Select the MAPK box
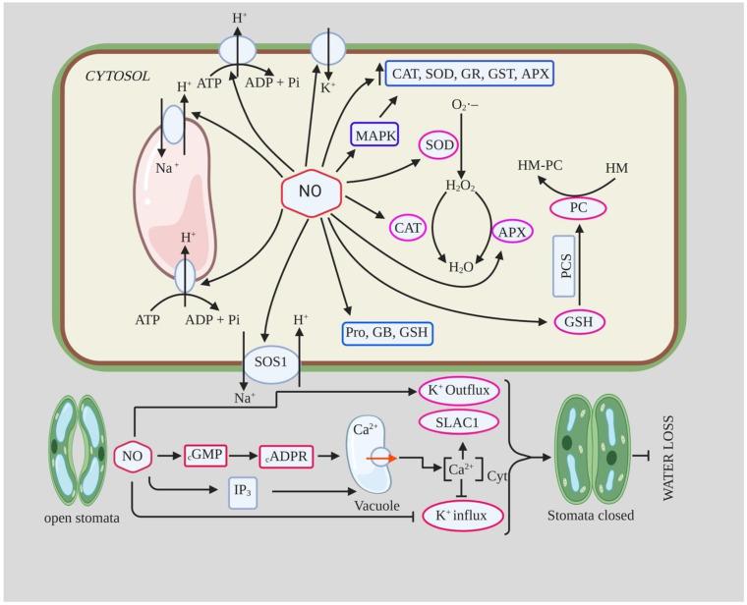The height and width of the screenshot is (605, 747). tap(374, 133)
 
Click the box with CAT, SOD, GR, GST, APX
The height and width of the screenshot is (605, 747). tap(470, 73)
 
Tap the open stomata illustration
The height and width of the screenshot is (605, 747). tap(78, 447)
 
